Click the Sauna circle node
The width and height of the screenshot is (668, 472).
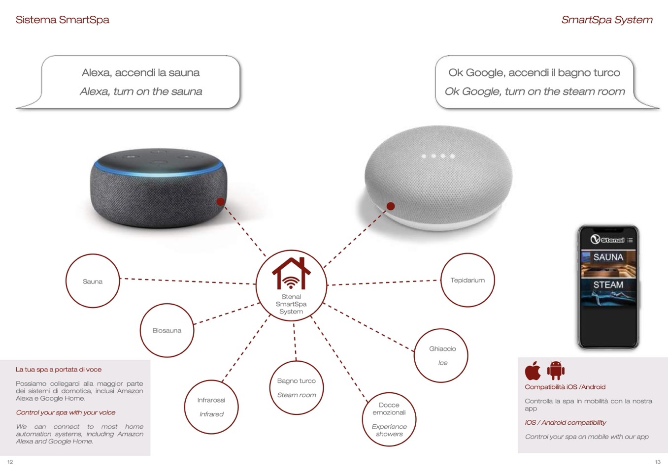click(x=93, y=281)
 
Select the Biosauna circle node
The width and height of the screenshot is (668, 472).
click(x=167, y=330)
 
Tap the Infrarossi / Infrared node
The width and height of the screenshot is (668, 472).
click(x=211, y=407)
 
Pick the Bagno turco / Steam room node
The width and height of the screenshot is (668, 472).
click(x=297, y=388)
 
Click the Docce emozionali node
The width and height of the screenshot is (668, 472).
click(x=389, y=419)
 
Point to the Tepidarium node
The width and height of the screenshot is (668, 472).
click(x=468, y=280)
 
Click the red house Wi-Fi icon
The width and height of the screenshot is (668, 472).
click(x=291, y=274)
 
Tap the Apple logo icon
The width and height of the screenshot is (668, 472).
click(x=533, y=371)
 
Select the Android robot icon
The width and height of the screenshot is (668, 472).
click(x=556, y=371)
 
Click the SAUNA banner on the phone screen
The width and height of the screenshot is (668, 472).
click(x=608, y=257)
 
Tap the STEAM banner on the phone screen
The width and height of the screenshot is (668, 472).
click(x=608, y=285)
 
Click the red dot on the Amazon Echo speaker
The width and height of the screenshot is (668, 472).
click(x=221, y=201)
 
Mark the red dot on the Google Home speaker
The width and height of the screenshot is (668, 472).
click(x=391, y=206)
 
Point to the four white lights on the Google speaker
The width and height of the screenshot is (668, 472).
click(x=438, y=157)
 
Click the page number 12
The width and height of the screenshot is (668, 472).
click(x=10, y=462)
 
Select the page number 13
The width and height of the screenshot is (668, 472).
click(x=658, y=462)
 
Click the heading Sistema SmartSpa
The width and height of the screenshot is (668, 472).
click(x=63, y=20)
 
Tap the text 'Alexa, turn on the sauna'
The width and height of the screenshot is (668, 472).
click(x=141, y=92)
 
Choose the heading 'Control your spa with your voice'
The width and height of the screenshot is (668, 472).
click(x=66, y=412)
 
